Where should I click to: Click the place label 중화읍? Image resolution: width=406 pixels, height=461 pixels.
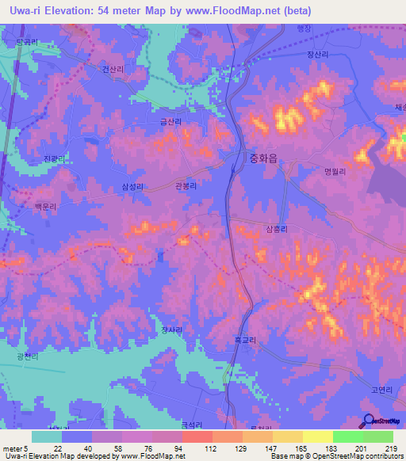(262, 158)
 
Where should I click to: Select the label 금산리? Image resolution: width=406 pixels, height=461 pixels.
(171, 122)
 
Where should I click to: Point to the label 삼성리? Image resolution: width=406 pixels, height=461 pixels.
(132, 187)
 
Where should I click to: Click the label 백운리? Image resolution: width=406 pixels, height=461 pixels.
(47, 204)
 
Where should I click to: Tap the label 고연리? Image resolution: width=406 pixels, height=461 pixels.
(359, 390)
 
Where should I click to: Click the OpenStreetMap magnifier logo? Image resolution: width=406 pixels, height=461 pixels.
(368, 421)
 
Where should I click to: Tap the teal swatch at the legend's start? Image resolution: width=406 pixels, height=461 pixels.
(47, 436)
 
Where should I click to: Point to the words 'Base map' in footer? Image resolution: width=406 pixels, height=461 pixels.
(282, 456)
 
